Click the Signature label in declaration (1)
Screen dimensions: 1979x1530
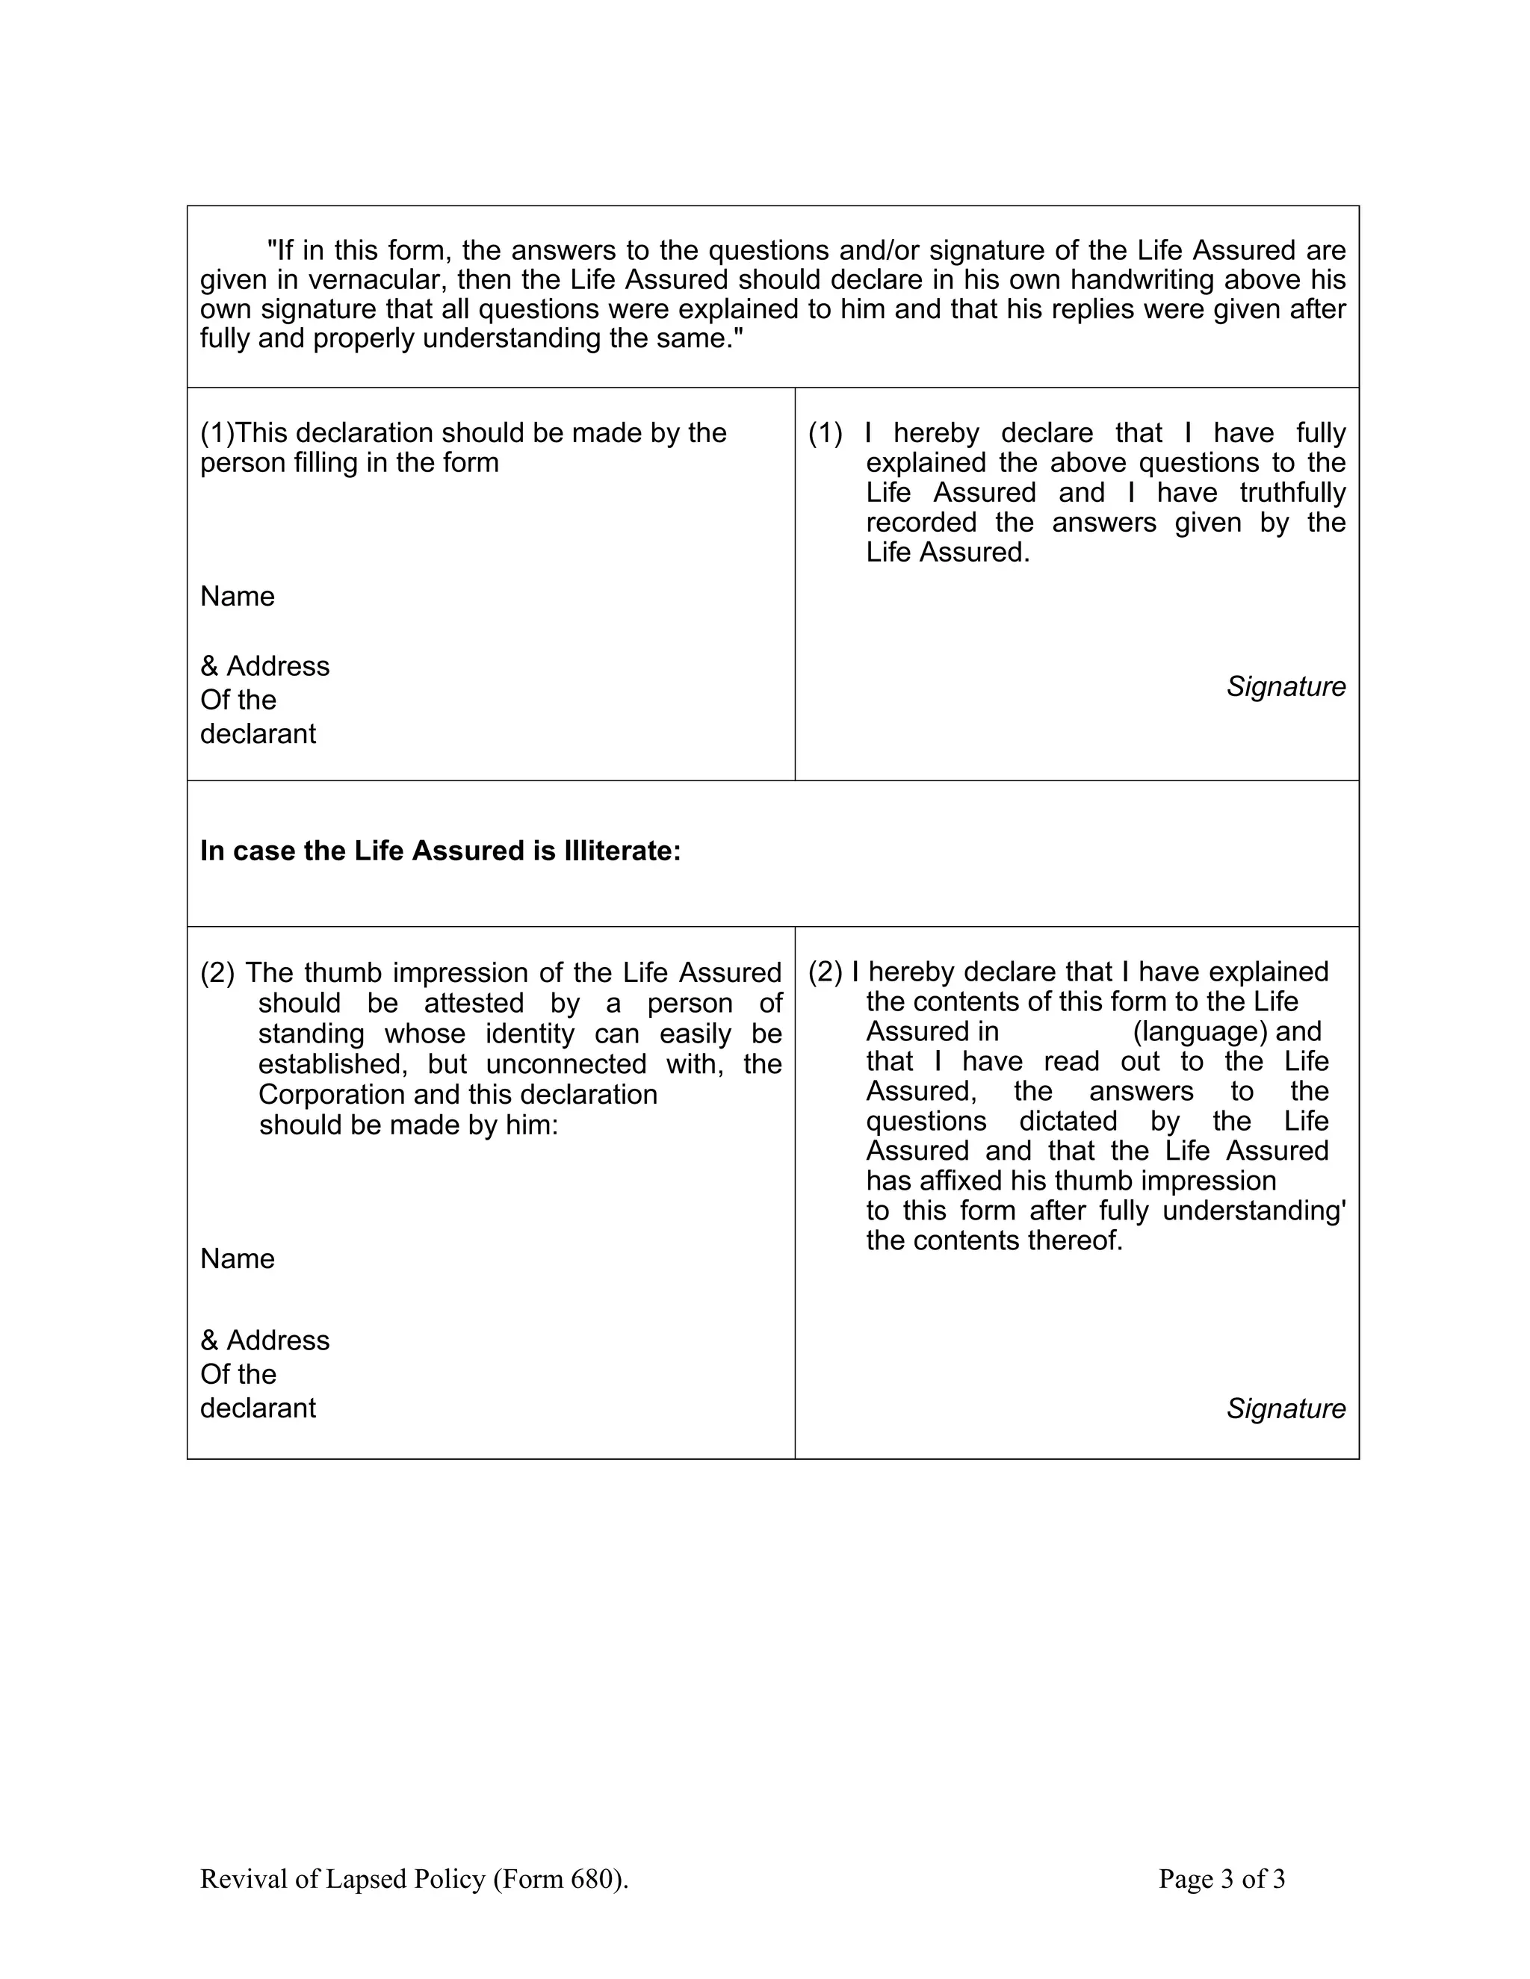(x=1285, y=687)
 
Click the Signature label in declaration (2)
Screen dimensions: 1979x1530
(x=1285, y=1408)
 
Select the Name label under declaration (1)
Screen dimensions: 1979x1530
(x=238, y=596)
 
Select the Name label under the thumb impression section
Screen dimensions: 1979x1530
(x=238, y=1258)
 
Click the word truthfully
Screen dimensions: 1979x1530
(x=1292, y=493)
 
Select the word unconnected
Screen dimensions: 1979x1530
(x=566, y=1063)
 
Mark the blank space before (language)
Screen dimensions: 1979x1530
(x=1065, y=1031)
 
